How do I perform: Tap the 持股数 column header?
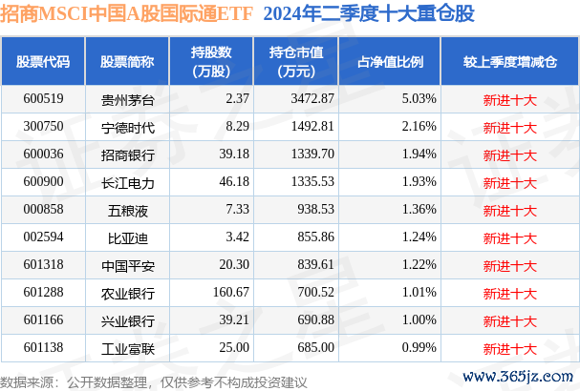[211, 62]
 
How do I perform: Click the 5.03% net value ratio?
[419, 98]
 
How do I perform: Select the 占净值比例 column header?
[390, 62]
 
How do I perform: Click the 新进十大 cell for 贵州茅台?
[511, 98]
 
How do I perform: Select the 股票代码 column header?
[43, 62]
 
